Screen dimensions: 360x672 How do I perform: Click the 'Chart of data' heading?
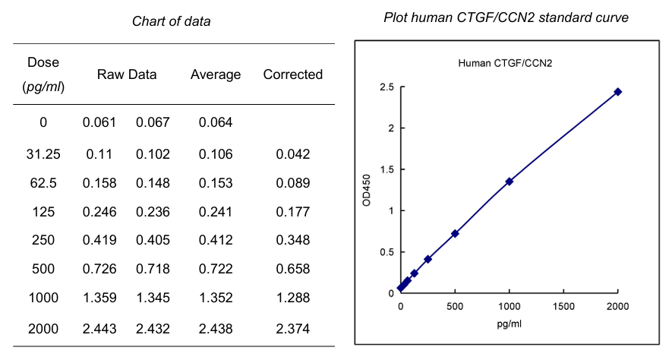(171, 21)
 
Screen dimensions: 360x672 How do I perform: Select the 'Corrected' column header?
(292, 74)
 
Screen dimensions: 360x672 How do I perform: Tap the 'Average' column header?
(216, 74)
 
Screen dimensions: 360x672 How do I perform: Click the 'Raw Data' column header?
(127, 74)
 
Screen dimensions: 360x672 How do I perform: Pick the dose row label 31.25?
(43, 154)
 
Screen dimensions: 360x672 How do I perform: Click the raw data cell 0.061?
(99, 122)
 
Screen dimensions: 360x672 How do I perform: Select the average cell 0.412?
(216, 241)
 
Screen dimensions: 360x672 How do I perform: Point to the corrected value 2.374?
(292, 329)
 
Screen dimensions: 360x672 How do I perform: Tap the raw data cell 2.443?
(99, 329)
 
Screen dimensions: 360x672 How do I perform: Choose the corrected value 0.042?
(292, 154)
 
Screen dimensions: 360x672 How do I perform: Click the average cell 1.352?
(216, 298)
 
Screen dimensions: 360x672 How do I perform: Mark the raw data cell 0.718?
(153, 270)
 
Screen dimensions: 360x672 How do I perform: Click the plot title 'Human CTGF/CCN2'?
(505, 62)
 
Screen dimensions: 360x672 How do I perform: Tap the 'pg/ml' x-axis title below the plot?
(510, 324)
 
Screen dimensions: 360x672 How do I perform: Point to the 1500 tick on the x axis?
(563, 306)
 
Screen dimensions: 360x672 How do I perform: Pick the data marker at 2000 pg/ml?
(618, 92)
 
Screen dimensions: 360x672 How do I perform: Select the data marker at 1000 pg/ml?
(510, 182)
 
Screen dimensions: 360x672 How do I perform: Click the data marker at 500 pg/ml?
(455, 233)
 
